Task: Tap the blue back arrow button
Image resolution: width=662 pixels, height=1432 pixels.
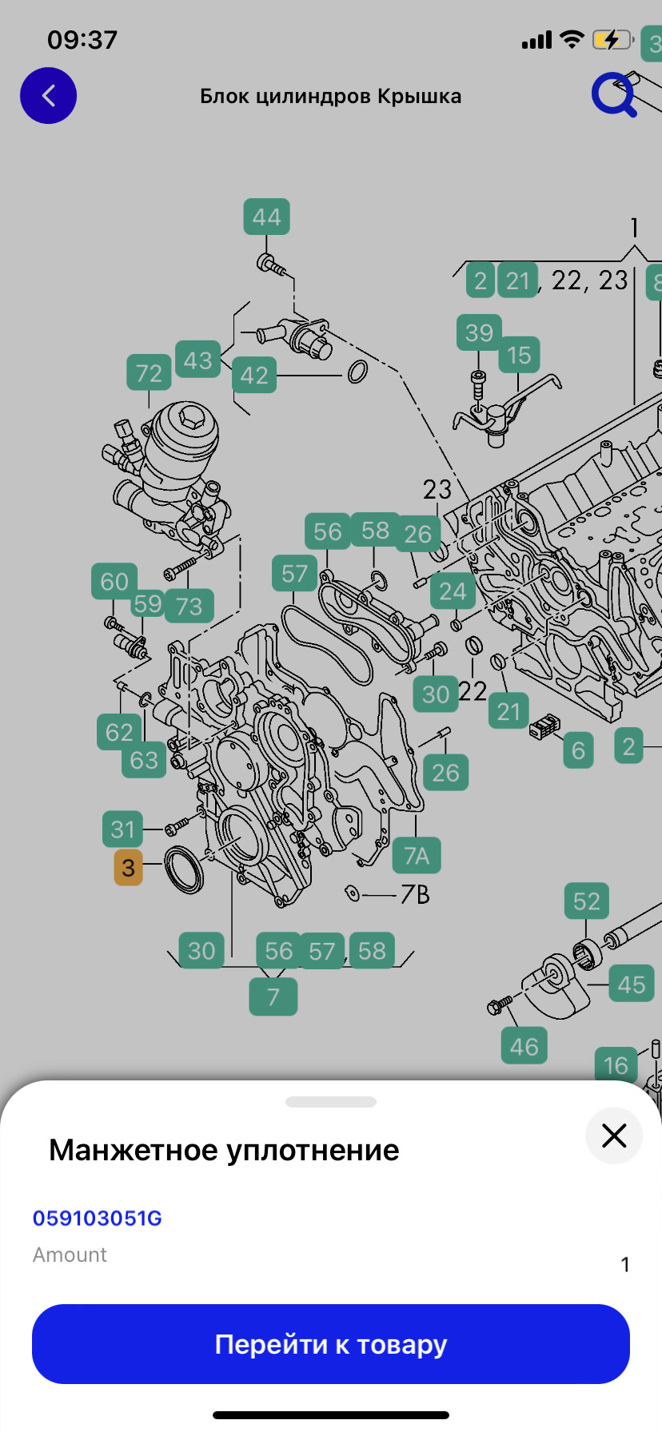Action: click(48, 96)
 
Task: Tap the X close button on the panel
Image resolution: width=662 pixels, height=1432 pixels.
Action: click(614, 1136)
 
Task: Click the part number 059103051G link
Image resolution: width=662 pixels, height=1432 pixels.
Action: click(97, 1218)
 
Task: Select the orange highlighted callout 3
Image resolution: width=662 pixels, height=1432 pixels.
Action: click(128, 868)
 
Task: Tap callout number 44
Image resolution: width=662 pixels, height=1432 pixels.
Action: click(266, 217)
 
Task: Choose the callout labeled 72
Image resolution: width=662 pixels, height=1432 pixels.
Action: click(149, 373)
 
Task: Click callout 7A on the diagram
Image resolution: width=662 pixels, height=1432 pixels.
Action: click(417, 855)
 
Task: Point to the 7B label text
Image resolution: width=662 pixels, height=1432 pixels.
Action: click(415, 894)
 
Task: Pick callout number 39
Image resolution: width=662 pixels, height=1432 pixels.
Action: click(479, 332)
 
